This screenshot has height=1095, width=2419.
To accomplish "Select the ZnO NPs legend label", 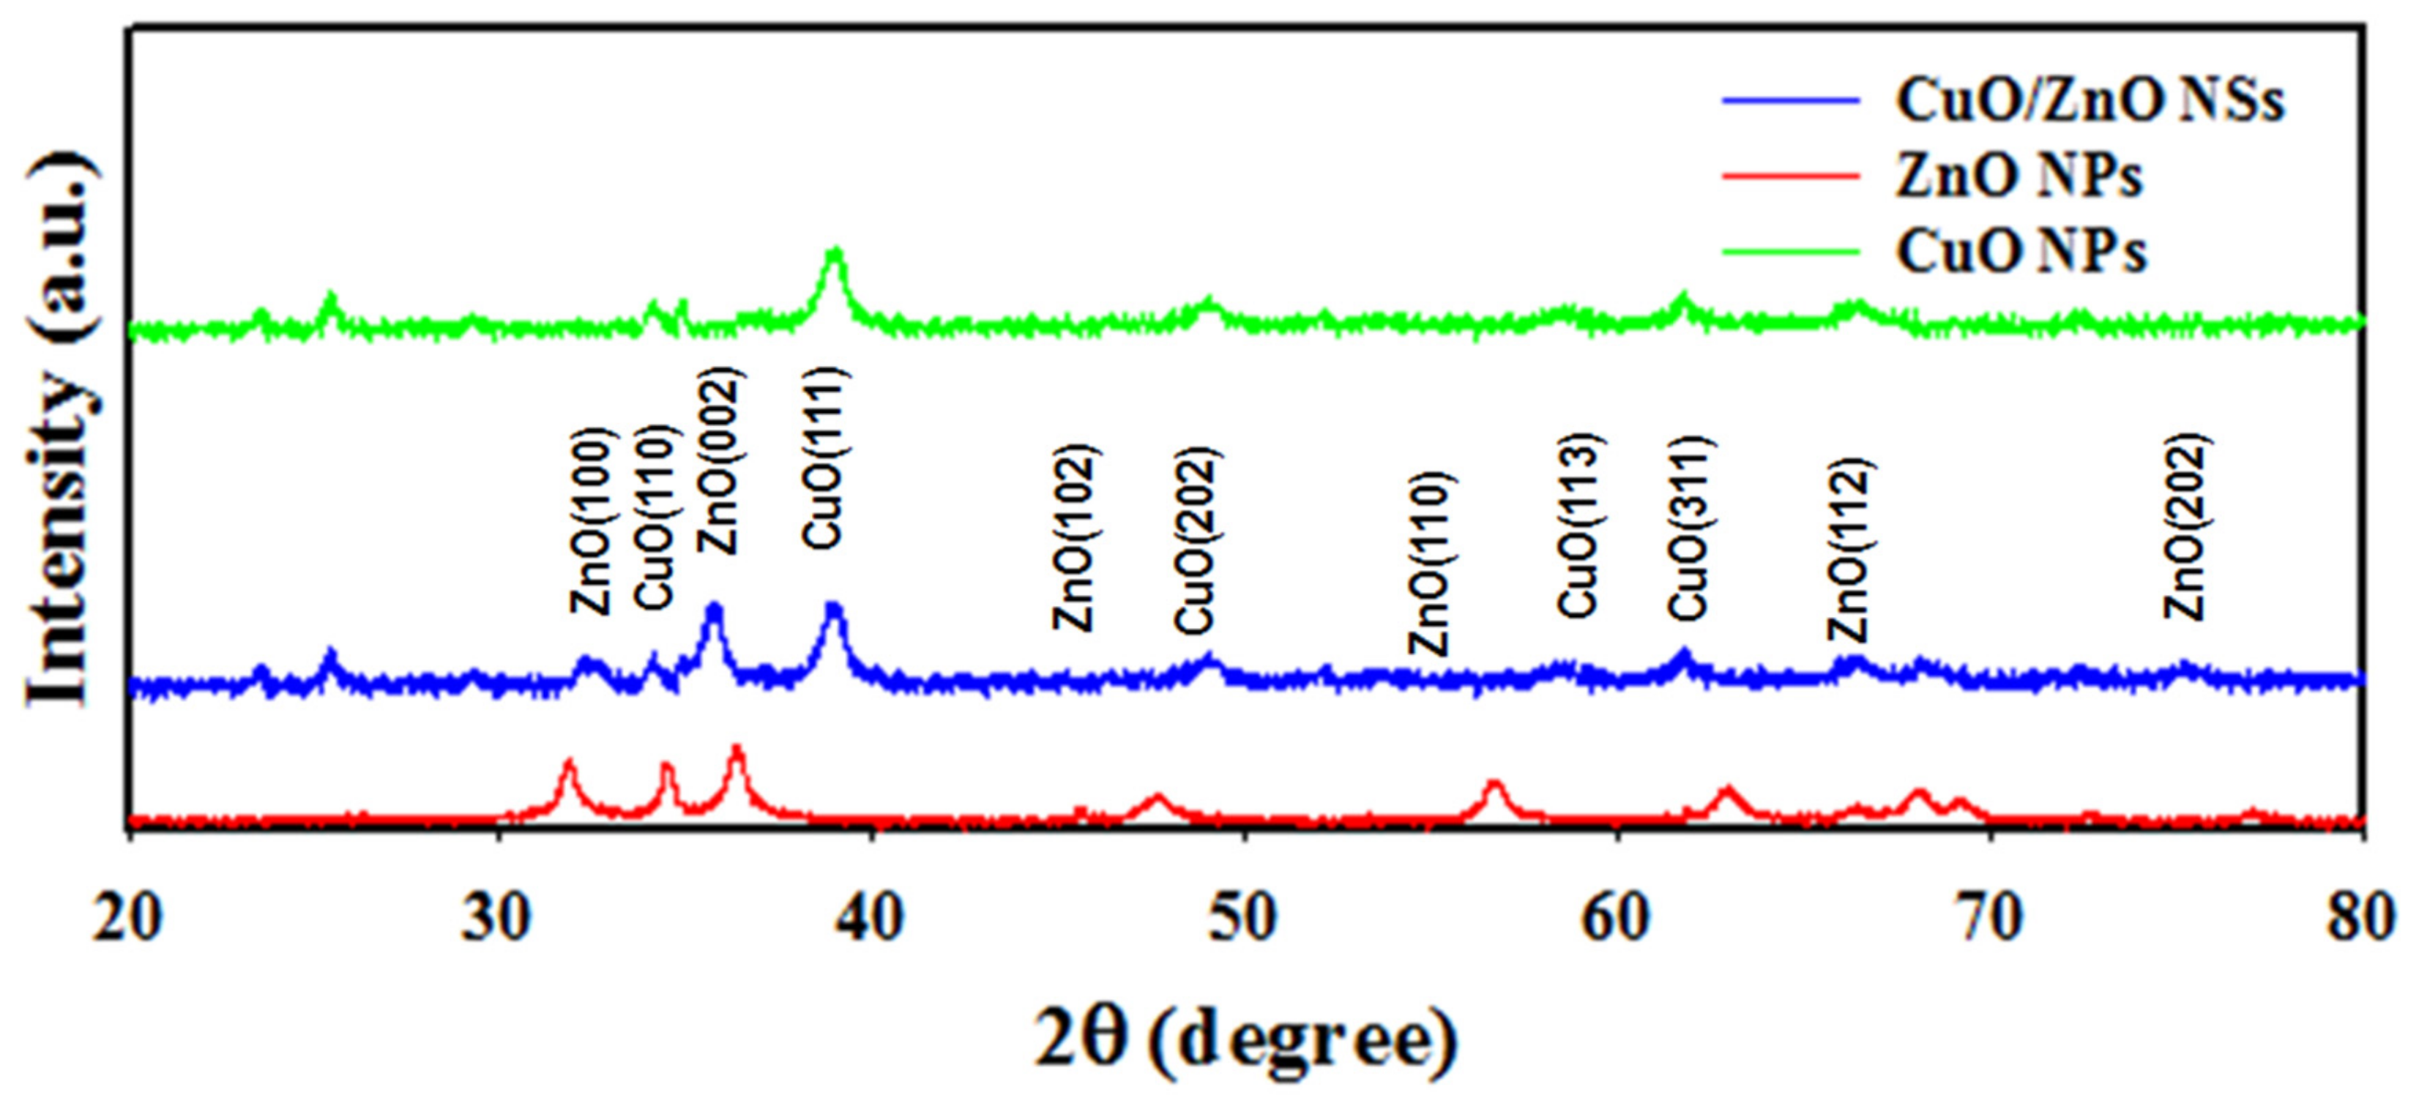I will click(x=2019, y=176).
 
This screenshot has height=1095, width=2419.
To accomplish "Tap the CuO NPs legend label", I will click(x=2021, y=251).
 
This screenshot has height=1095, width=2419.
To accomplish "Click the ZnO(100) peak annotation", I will click(x=592, y=522).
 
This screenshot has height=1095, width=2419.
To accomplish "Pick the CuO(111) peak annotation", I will click(x=827, y=458).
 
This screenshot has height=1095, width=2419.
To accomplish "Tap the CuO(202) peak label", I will click(x=1197, y=541).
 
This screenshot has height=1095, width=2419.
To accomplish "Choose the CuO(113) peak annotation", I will click(x=1578, y=526).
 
